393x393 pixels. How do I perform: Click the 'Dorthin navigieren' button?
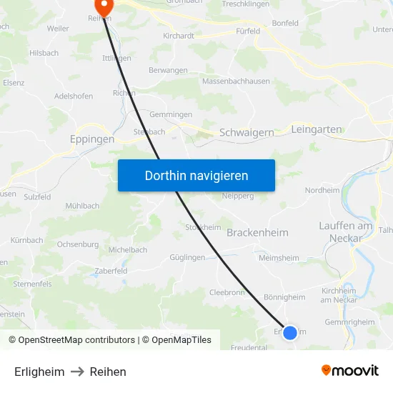click(x=196, y=175)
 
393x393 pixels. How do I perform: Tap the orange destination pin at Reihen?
click(x=104, y=7)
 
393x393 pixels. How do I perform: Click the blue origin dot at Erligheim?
click(x=290, y=332)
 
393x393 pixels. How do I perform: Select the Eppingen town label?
click(x=92, y=140)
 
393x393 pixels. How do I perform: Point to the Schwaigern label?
click(x=247, y=133)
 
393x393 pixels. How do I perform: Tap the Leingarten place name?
click(x=317, y=130)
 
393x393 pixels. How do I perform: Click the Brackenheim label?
click(x=257, y=233)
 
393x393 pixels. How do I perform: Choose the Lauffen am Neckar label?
click(x=346, y=232)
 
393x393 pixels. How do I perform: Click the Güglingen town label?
click(x=188, y=257)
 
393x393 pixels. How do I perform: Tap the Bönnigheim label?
click(x=284, y=297)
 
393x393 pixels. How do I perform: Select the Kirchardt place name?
click(x=179, y=35)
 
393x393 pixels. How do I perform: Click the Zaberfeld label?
click(x=111, y=272)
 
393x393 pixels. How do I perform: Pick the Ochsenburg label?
click(x=78, y=244)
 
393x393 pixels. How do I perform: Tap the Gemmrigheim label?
click(x=349, y=322)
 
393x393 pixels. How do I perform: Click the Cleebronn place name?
click(x=227, y=292)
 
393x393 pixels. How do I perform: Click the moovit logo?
click(x=350, y=371)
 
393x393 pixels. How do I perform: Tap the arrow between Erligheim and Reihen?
click(x=77, y=372)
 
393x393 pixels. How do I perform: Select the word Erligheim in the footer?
click(x=39, y=372)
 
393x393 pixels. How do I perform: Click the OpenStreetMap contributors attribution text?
click(x=76, y=340)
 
